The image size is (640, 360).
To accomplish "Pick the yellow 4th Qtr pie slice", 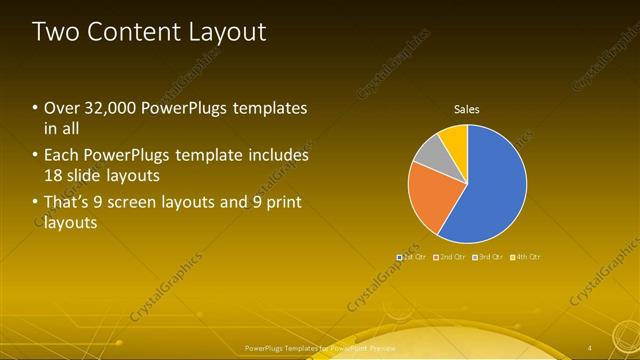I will pyautogui.click(x=454, y=137).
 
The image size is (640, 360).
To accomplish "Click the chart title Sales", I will pyautogui.click(x=467, y=108).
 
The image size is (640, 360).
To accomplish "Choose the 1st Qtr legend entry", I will pyautogui.click(x=412, y=257).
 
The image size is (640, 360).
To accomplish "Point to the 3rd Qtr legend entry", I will pyautogui.click(x=488, y=257).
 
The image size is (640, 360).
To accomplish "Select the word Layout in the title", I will pyautogui.click(x=228, y=32).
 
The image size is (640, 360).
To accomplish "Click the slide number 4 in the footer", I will pyautogui.click(x=590, y=347).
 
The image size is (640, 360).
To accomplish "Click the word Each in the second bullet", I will pyautogui.click(x=61, y=156).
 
